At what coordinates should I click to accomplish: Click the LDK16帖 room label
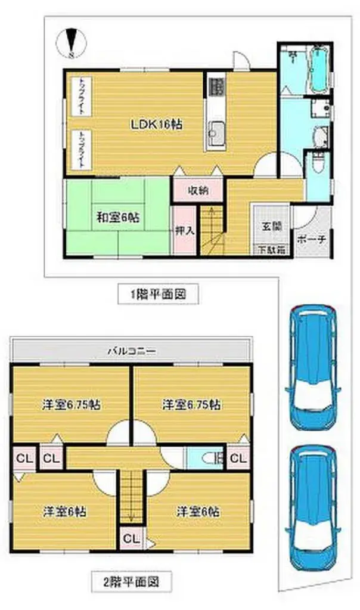click(157, 125)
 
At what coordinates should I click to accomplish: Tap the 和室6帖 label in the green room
click(118, 218)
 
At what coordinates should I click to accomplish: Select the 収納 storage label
click(198, 191)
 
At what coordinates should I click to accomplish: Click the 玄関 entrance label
click(271, 226)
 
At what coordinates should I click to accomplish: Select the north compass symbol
click(71, 44)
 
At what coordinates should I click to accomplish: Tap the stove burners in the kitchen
click(216, 86)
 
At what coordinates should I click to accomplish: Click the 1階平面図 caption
click(156, 293)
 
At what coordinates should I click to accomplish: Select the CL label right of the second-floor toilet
click(237, 458)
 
